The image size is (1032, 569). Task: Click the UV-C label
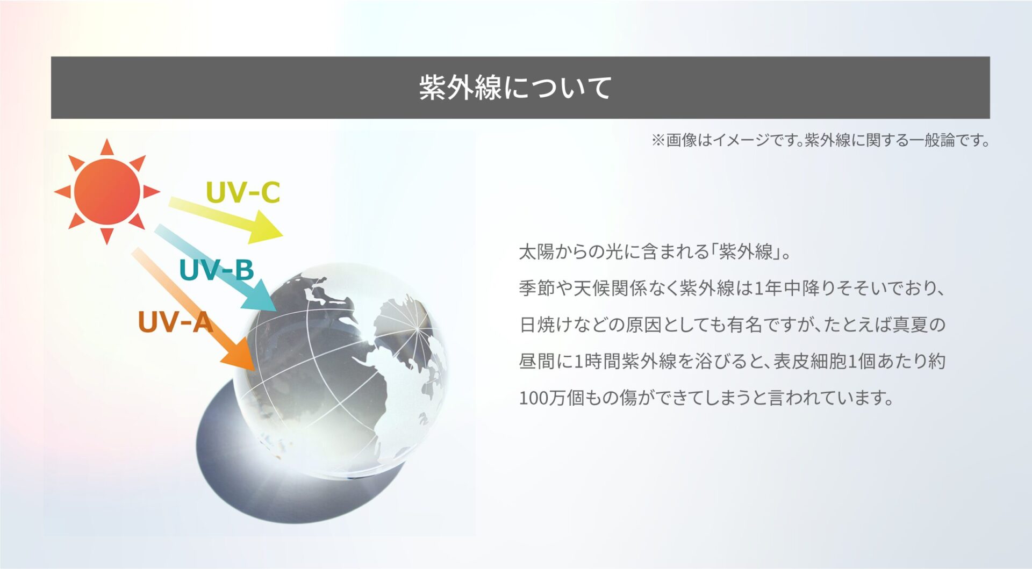pos(243,192)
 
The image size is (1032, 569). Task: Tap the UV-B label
pos(216,270)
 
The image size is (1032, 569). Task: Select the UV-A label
pos(176,322)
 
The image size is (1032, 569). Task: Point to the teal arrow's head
pos(260,297)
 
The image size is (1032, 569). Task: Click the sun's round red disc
pos(107,192)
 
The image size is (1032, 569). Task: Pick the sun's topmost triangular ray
pos(107,147)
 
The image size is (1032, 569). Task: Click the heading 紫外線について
pos(515,88)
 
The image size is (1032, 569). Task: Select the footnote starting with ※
pos(820,141)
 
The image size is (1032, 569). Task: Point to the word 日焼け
pos(546,325)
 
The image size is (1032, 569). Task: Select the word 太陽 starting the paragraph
pos(536,251)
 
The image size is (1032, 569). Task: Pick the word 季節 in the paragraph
pos(536,289)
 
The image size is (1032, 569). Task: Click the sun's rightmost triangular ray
pos(151,192)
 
